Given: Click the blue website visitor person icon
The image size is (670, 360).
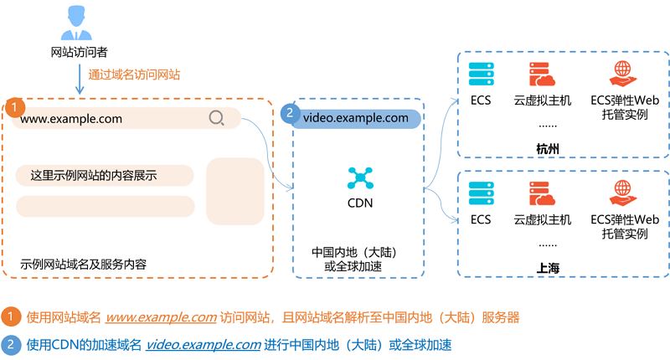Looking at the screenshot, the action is (76, 23).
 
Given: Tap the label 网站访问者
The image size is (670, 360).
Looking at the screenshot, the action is (79, 52).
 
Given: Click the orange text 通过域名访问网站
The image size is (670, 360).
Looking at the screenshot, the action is (134, 75).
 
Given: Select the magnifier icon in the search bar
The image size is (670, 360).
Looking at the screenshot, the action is (217, 118).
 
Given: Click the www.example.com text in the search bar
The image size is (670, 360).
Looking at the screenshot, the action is (71, 119).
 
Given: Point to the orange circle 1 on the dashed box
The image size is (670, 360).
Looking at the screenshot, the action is (14, 107).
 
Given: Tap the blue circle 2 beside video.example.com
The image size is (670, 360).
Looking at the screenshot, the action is (290, 113).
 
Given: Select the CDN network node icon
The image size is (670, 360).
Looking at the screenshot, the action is (360, 178).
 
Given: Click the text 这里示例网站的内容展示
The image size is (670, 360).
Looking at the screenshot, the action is (94, 175).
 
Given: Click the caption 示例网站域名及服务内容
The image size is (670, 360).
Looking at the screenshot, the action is (83, 265).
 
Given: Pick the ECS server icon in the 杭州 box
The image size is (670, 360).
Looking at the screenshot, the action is (481, 74).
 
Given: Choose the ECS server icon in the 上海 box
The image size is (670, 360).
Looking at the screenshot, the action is (481, 193).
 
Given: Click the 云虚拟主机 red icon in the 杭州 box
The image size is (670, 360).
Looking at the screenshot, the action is (542, 75).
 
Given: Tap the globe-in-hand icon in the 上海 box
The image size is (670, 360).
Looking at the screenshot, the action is (622, 193).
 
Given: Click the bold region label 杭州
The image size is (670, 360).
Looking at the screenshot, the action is (548, 149).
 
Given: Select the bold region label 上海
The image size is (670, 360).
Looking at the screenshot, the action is (548, 268).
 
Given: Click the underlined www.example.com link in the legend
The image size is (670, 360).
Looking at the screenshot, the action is (161, 317).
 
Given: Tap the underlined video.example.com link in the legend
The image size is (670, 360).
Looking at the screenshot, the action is (204, 345).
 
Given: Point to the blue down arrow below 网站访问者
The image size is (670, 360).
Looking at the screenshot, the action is (80, 79).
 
